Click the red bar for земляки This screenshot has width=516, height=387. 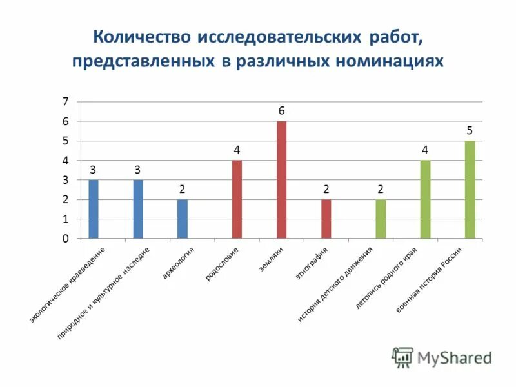click(x=281, y=180)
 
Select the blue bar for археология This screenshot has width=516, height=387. click(x=183, y=219)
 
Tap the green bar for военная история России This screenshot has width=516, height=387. click(x=470, y=190)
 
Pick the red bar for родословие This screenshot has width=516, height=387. click(x=237, y=199)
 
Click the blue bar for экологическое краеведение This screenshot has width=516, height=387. click(x=94, y=210)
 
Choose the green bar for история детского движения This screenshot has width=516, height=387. click(x=381, y=219)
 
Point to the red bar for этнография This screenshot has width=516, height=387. click(x=326, y=219)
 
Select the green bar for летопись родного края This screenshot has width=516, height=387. click(x=425, y=199)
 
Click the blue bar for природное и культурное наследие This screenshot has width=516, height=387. click(x=138, y=210)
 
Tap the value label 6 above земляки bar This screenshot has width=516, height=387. click(x=281, y=111)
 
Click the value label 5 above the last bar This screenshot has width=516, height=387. click(x=470, y=131)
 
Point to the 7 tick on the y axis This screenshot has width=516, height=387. click(x=64, y=101)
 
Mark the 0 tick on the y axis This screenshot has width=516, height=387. click(x=64, y=239)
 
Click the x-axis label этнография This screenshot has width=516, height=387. click(x=312, y=263)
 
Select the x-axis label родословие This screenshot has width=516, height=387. click(x=223, y=264)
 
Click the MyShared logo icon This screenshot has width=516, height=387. click(x=402, y=357)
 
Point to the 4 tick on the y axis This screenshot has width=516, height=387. click(x=64, y=161)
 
